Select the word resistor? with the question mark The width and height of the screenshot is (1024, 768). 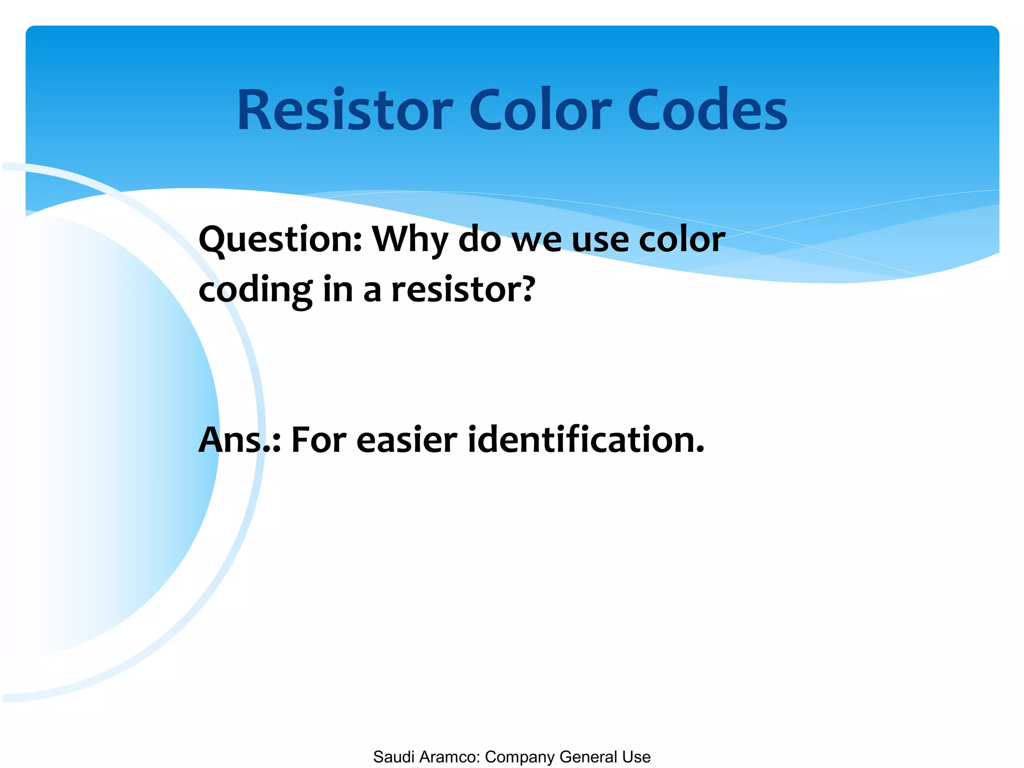462,290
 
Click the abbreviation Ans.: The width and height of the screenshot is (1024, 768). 239,440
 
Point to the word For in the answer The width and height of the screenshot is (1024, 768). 318,440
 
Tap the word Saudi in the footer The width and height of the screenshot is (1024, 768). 393,757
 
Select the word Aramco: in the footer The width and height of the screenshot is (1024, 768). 449,757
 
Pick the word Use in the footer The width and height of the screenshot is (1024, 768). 636,757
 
